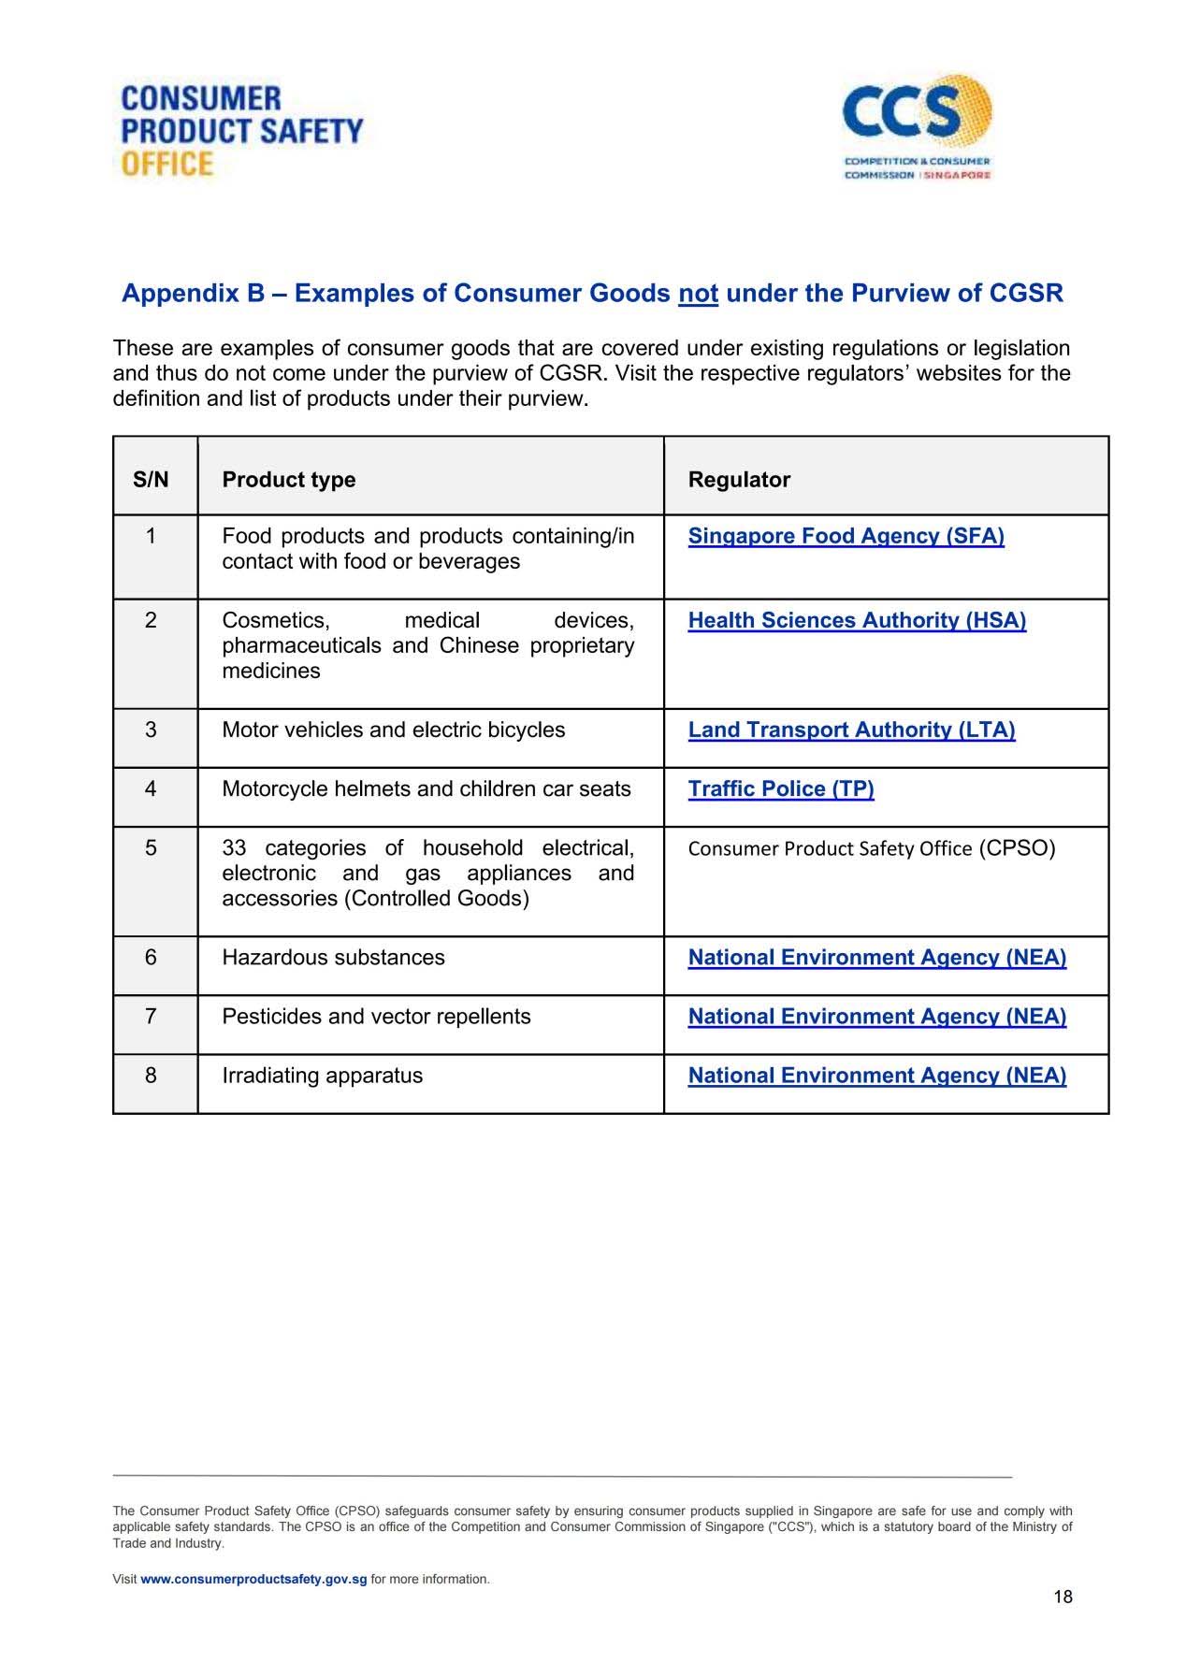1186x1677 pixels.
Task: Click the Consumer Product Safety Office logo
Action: coord(241,131)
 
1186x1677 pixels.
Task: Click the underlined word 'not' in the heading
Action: coord(698,294)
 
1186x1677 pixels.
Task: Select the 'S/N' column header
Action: coord(151,480)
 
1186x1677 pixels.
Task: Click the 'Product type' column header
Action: coord(288,480)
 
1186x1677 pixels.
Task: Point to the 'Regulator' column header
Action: coord(739,480)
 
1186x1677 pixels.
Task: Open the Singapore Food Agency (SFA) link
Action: coord(846,536)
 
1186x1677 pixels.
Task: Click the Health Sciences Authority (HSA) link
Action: coord(857,620)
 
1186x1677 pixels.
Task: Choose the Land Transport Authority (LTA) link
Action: coord(851,730)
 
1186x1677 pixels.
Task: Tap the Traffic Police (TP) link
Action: coord(781,788)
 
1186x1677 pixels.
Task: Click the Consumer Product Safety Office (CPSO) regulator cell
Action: coord(871,848)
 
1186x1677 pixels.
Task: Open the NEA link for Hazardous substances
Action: coord(876,958)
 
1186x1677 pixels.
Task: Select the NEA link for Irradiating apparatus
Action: coord(876,1076)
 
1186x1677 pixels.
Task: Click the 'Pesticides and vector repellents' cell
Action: coord(376,1017)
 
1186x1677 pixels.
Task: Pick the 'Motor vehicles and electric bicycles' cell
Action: coord(393,730)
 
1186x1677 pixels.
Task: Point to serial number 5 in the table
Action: coord(151,848)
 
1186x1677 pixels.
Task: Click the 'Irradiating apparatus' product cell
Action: coord(322,1076)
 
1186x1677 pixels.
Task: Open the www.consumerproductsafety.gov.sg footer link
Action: coord(253,1579)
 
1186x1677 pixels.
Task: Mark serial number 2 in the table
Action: coord(151,620)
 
